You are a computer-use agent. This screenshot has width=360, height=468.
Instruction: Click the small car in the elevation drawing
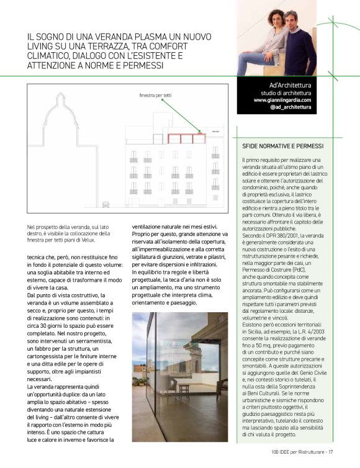(106, 204)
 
